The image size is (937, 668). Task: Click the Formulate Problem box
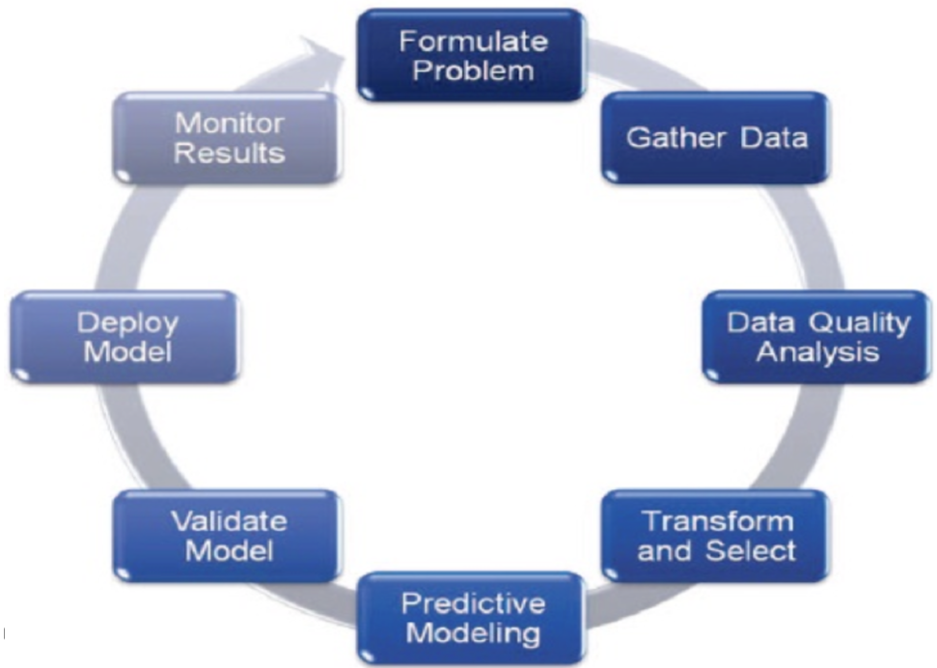point(472,55)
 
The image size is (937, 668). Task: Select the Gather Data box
point(716,137)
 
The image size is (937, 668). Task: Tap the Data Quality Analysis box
point(817,336)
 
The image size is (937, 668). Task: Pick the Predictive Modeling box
point(472,619)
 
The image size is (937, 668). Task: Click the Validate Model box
point(229,536)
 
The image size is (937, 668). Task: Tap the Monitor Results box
point(229,137)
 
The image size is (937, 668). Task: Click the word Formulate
point(473,42)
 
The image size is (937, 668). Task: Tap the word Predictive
point(472,604)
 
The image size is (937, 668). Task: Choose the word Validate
point(229,521)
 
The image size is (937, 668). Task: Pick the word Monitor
point(229,123)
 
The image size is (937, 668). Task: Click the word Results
point(229,153)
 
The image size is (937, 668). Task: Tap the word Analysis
point(817,351)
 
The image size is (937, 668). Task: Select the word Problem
point(472,70)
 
